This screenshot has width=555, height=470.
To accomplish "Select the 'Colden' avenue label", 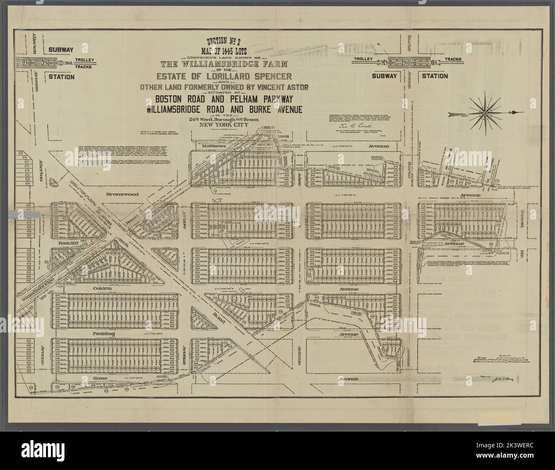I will pos(102,289).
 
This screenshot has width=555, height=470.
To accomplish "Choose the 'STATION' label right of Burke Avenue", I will pos(435,76).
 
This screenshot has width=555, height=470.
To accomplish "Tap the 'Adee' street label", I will pos(300,176).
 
